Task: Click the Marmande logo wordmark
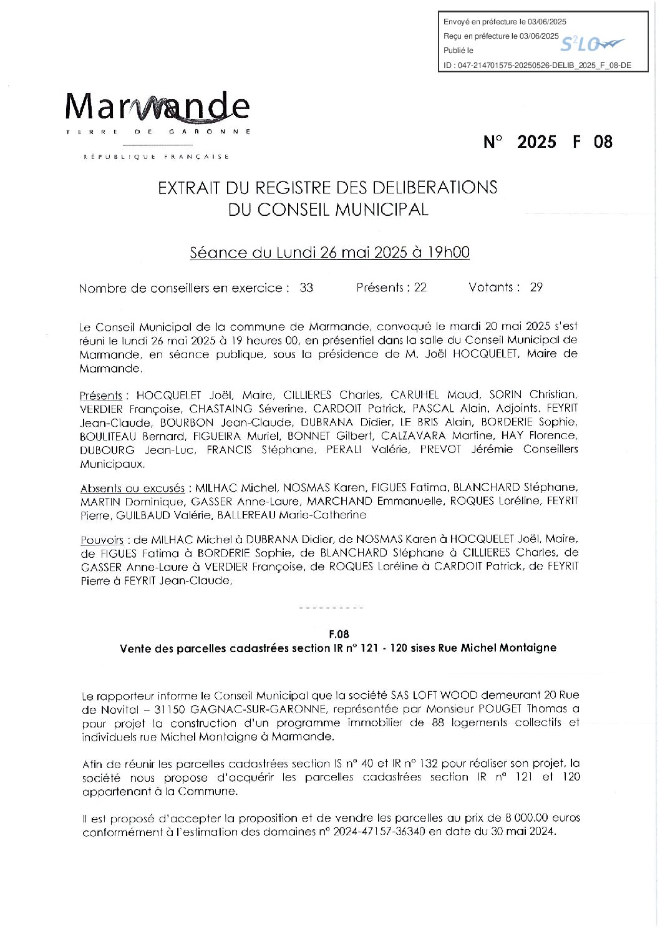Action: (157, 107)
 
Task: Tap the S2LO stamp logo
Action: (590, 44)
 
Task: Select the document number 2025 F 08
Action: (548, 142)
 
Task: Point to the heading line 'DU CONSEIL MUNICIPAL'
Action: (328, 210)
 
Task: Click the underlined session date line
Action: (329, 253)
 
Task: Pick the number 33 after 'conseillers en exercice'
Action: (306, 288)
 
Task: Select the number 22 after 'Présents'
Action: (420, 288)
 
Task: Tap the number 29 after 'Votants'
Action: (536, 288)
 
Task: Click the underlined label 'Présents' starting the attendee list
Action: (101, 396)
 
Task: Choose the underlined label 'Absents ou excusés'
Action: (132, 488)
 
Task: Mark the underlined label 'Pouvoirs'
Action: (102, 540)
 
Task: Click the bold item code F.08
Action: (339, 635)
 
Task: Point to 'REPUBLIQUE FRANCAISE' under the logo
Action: (157, 157)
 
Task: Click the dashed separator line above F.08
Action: (331, 608)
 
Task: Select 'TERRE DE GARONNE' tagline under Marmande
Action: (158, 132)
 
